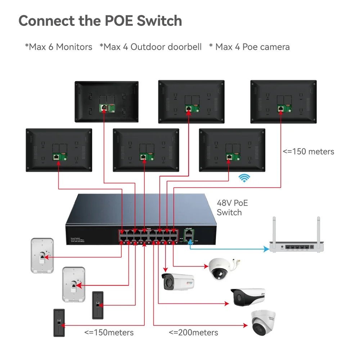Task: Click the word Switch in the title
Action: pos(159,21)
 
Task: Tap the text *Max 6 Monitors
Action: pos(58,47)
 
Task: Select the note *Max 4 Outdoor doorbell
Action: pos(150,47)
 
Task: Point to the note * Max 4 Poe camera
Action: pos(249,47)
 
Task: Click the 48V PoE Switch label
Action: pos(232,208)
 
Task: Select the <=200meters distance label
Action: pos(193,332)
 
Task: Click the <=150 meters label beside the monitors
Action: pos(308,151)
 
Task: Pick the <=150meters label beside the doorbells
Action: pos(109,332)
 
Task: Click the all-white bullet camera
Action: pos(177,282)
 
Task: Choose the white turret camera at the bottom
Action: pos(263,322)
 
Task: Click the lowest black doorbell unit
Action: pos(59,323)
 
